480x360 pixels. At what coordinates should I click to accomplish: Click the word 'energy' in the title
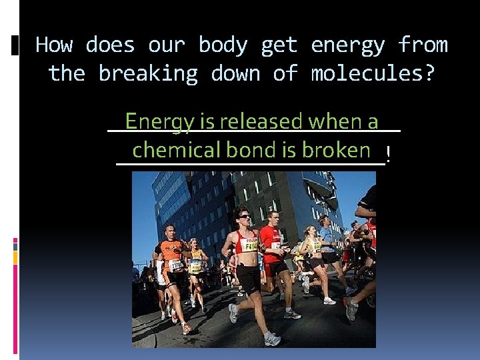[x=348, y=45]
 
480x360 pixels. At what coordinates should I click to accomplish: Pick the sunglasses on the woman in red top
[x=244, y=217]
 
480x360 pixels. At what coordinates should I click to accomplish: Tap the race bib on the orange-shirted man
[x=176, y=265]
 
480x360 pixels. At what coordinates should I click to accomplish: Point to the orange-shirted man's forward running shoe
[x=186, y=328]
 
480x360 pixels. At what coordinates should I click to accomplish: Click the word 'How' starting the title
[x=54, y=45]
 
